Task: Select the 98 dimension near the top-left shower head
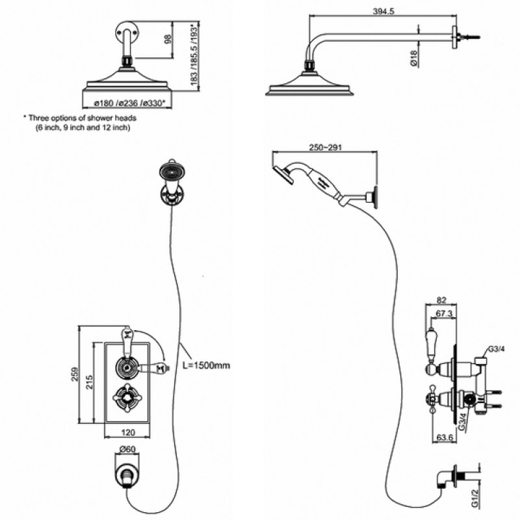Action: [168, 40]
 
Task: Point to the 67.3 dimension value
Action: [444, 314]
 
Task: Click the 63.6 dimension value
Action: [444, 437]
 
